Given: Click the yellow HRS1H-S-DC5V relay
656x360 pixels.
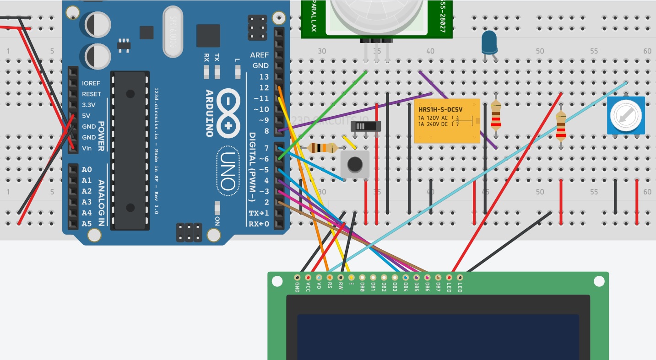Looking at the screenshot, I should [x=447, y=121].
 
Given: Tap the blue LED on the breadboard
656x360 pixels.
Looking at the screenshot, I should [x=489, y=42].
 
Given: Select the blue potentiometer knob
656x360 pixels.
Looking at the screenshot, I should [x=625, y=115].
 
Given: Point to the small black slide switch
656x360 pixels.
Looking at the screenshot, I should [x=366, y=126].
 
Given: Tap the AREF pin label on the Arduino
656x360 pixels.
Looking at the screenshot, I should [x=260, y=55].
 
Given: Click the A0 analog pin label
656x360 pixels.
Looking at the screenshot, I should [x=87, y=170].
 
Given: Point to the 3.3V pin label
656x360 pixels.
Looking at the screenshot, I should [x=89, y=105].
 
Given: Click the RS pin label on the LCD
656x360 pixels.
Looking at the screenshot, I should [x=330, y=286].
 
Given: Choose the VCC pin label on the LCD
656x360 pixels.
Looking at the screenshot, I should [x=308, y=287].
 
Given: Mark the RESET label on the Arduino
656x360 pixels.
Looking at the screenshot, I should [x=92, y=94].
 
